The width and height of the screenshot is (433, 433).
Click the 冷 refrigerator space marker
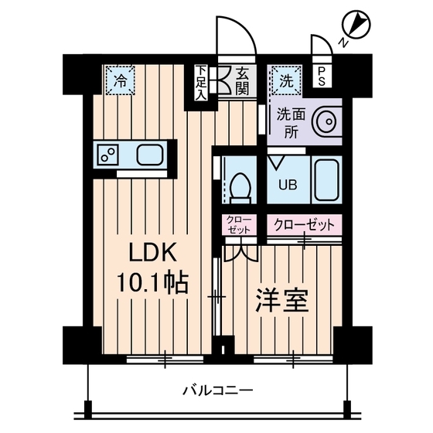120,78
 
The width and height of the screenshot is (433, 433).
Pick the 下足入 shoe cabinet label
200,84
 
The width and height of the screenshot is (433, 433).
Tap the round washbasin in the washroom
328,123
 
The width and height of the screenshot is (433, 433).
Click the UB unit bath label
286,185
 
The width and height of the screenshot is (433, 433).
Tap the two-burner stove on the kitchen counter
107,154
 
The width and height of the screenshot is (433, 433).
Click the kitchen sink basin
152,154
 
